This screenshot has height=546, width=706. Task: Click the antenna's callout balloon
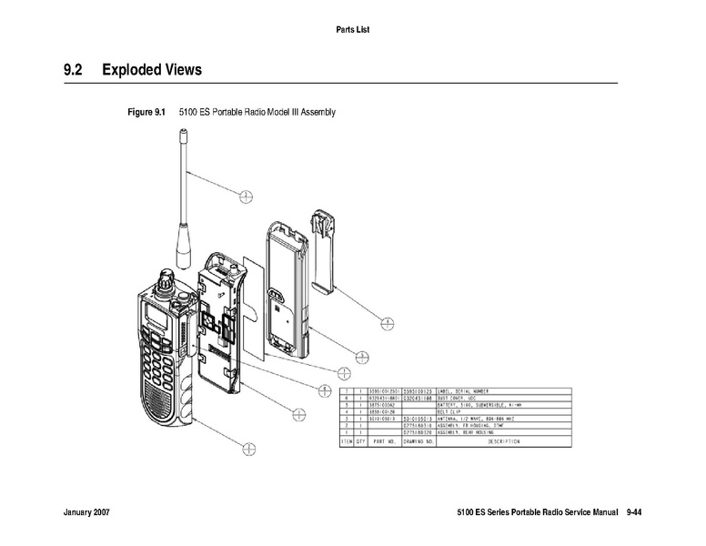(x=246, y=194)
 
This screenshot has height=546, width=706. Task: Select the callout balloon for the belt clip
(x=388, y=322)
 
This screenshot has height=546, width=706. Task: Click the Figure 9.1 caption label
(x=146, y=113)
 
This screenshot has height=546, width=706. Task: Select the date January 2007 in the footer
(x=87, y=514)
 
